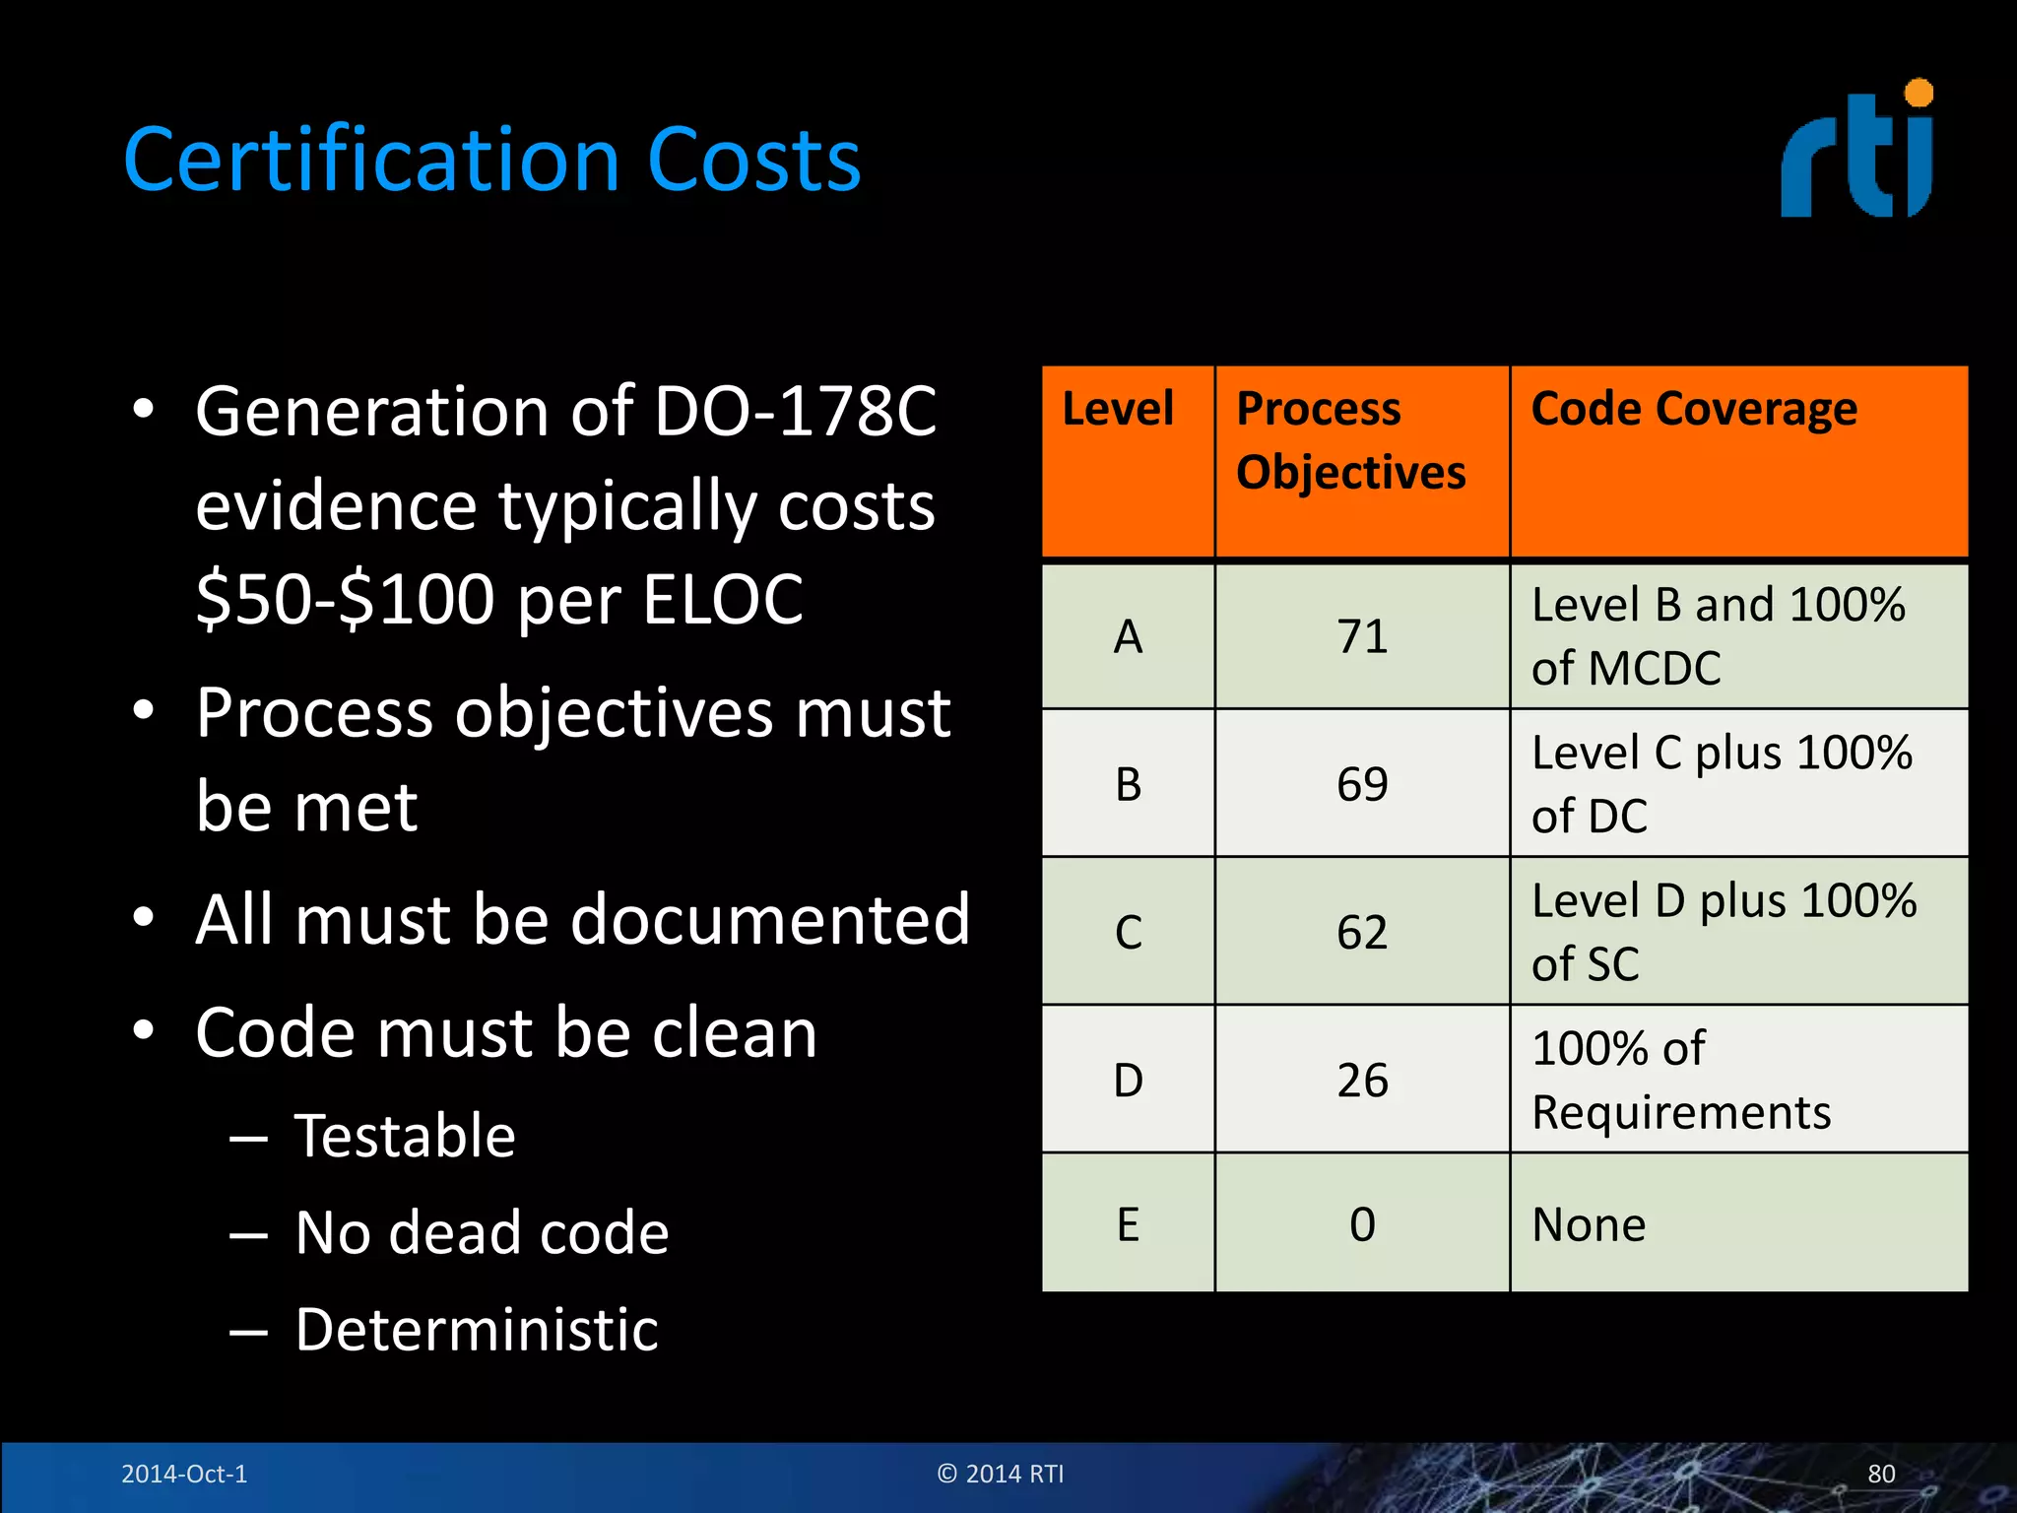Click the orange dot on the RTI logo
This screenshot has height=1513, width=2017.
(1919, 94)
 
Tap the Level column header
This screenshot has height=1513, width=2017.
(1118, 409)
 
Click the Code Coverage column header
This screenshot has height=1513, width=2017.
(1694, 409)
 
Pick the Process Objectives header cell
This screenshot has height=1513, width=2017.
(1351, 440)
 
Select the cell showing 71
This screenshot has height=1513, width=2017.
(1362, 636)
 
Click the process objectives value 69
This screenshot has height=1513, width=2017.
(1362, 784)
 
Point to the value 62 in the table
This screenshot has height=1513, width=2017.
(1362, 932)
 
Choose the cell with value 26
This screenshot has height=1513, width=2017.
(1362, 1081)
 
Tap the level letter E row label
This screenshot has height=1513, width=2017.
(1129, 1224)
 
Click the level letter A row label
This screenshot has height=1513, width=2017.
(1129, 636)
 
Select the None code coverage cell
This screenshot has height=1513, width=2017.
(1589, 1224)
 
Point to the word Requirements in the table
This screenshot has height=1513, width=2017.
(1681, 1113)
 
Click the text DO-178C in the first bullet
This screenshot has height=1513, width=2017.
(795, 411)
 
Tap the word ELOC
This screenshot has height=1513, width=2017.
(723, 599)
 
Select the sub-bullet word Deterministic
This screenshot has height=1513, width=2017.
(477, 1330)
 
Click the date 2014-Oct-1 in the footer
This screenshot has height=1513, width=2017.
(184, 1474)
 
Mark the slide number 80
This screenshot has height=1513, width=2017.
(1881, 1474)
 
